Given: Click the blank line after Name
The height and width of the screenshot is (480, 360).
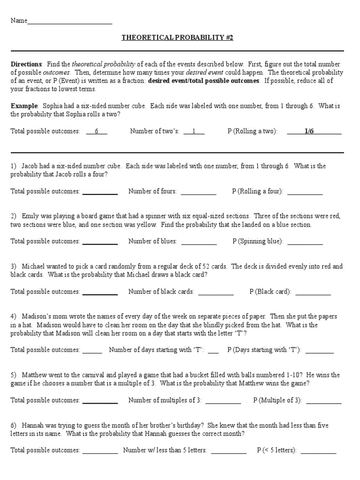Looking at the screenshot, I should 70,22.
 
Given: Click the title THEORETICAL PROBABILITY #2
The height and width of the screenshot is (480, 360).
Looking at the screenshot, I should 177,37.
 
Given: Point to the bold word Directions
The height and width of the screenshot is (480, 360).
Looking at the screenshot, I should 26,64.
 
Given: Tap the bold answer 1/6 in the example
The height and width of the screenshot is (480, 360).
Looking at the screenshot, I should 309,132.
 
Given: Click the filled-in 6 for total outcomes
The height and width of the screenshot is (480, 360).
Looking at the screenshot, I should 97,132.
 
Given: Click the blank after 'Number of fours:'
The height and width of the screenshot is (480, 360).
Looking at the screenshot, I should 198,192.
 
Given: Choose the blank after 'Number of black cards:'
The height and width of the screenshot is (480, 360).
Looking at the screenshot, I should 216,292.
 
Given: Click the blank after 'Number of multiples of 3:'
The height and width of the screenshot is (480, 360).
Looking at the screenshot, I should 223,401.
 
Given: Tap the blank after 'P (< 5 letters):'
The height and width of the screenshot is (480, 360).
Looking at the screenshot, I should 318,451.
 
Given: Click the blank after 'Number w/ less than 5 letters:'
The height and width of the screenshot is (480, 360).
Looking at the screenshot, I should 229,451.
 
